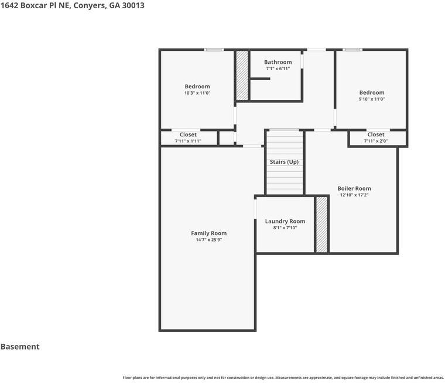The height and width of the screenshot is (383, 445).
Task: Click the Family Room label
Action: (x=208, y=233)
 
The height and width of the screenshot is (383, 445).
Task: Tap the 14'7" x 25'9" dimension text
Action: (x=208, y=240)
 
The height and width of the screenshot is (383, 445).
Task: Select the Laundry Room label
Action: (x=285, y=221)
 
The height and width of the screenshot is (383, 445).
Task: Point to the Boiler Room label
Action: (x=354, y=188)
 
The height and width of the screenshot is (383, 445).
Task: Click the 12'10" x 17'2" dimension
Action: (x=354, y=195)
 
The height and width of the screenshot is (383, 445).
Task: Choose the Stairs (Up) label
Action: (x=284, y=161)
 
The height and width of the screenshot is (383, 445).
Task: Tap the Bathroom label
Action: (x=278, y=62)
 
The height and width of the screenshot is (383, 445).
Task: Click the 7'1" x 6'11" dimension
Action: (x=278, y=68)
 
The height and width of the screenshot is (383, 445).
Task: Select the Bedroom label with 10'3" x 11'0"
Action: (x=197, y=87)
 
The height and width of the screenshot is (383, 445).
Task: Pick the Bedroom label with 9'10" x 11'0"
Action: (x=372, y=92)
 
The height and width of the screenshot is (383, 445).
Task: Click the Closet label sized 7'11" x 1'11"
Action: (x=188, y=134)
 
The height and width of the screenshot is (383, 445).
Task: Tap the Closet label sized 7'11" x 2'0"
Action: (x=376, y=134)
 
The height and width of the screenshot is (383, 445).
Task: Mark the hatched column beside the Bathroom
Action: (x=242, y=75)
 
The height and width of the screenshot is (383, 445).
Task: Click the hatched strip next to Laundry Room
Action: (x=321, y=225)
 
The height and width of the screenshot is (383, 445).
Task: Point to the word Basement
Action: (x=20, y=347)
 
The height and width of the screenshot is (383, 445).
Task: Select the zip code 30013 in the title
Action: (x=133, y=5)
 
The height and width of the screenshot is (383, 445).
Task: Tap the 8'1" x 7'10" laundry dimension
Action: (x=285, y=227)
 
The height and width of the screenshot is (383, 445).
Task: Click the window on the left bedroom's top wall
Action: (x=214, y=50)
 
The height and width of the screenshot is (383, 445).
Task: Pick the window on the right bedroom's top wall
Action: (x=352, y=50)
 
